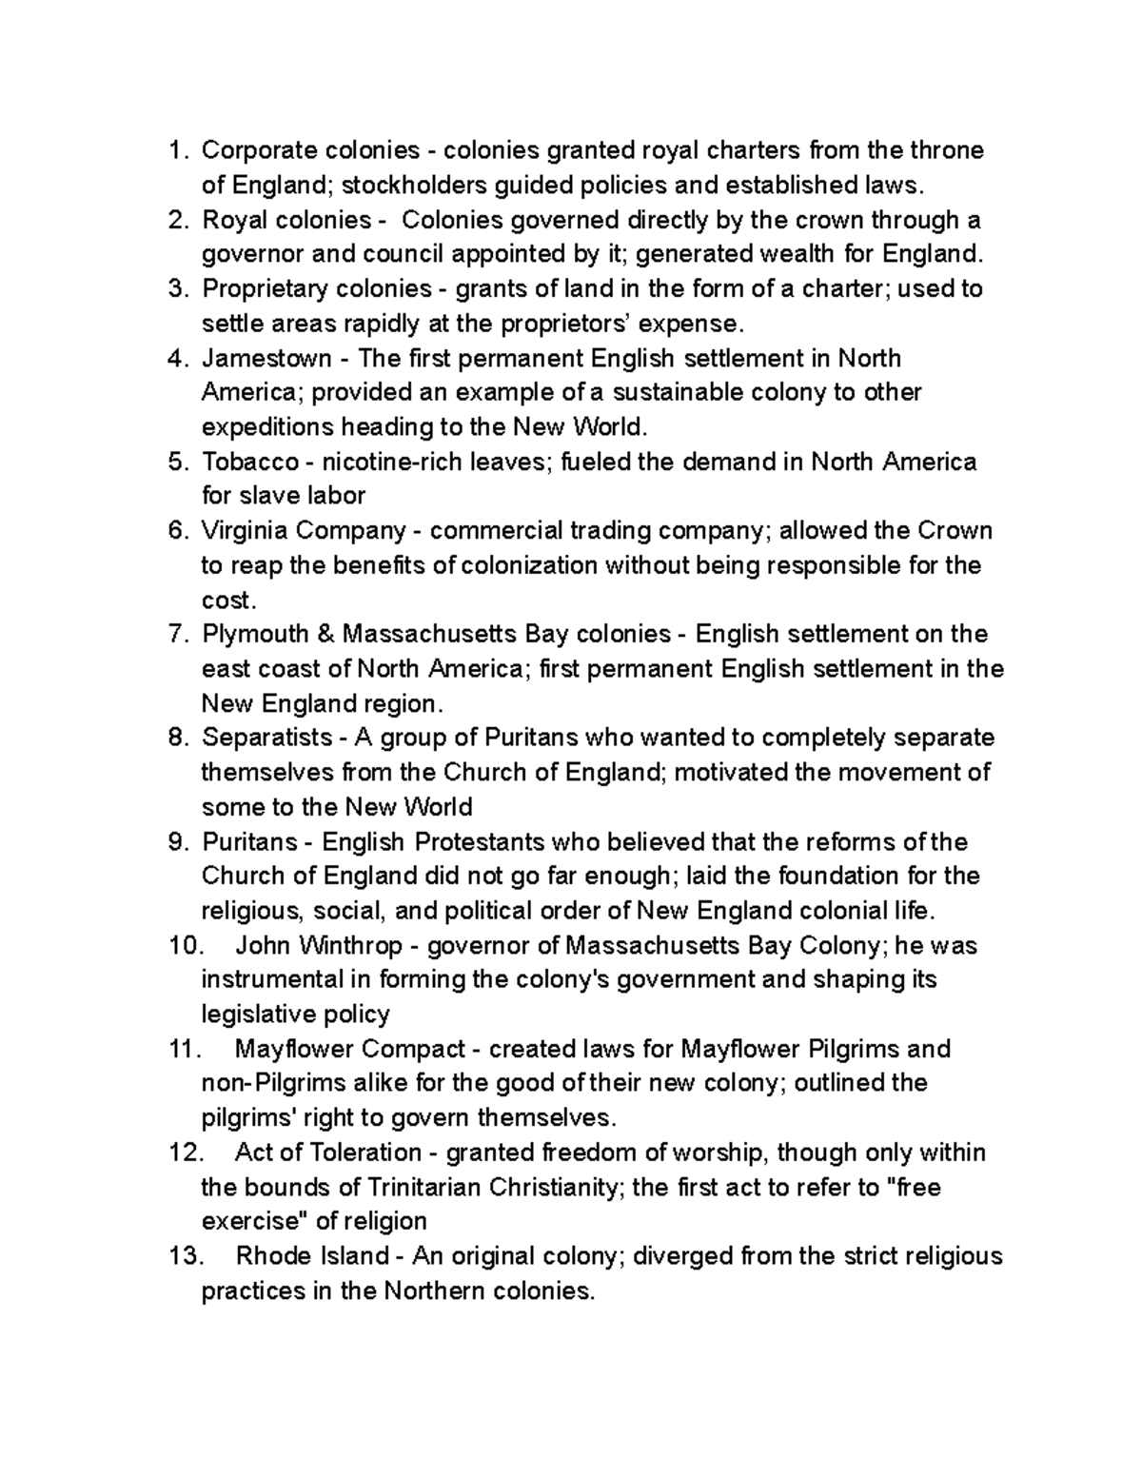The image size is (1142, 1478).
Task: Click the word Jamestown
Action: [x=266, y=358]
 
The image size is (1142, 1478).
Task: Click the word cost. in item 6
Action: [x=228, y=600]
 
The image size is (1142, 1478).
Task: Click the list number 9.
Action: [x=179, y=841]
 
